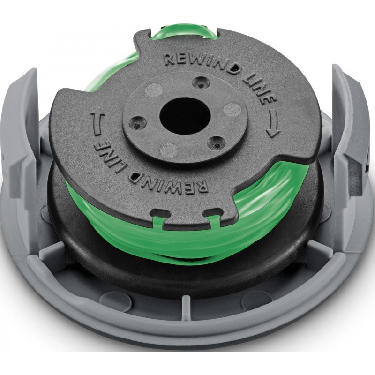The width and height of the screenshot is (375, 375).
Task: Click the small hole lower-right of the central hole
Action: (217, 144)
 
